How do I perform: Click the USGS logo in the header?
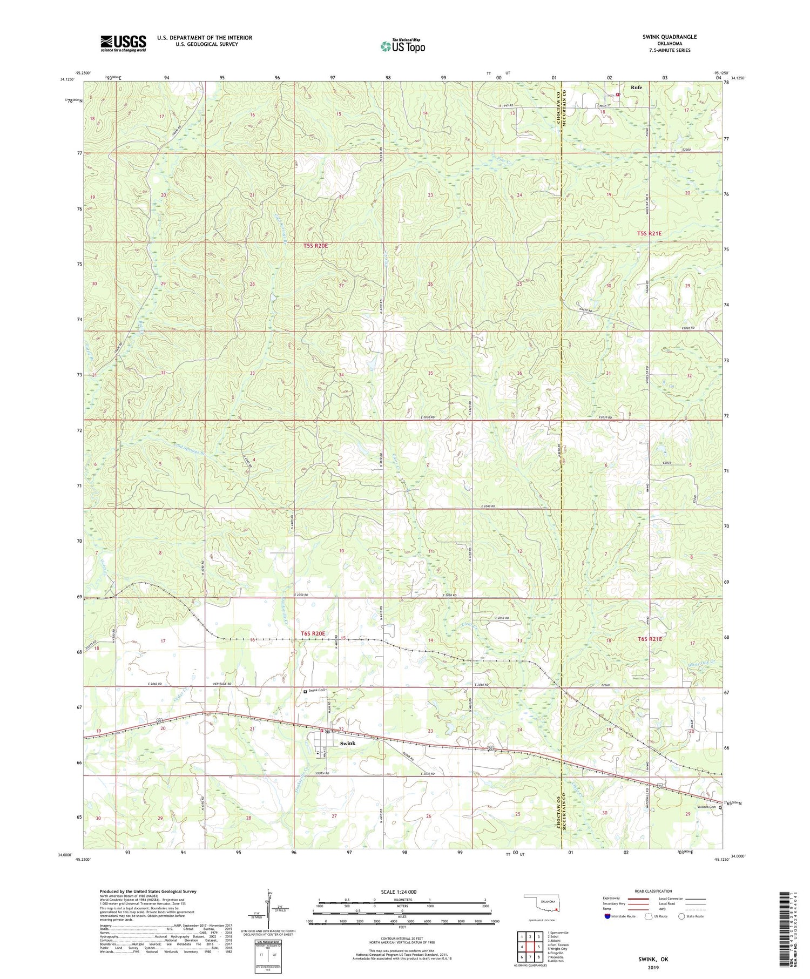pos(123,43)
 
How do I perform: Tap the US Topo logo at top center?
pos(402,46)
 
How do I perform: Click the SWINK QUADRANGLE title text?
pos(669,37)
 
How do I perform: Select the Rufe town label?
pos(637,87)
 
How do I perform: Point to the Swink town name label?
pos(347,743)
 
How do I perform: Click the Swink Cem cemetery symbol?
pos(305,691)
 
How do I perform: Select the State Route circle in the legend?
pos(681,916)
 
